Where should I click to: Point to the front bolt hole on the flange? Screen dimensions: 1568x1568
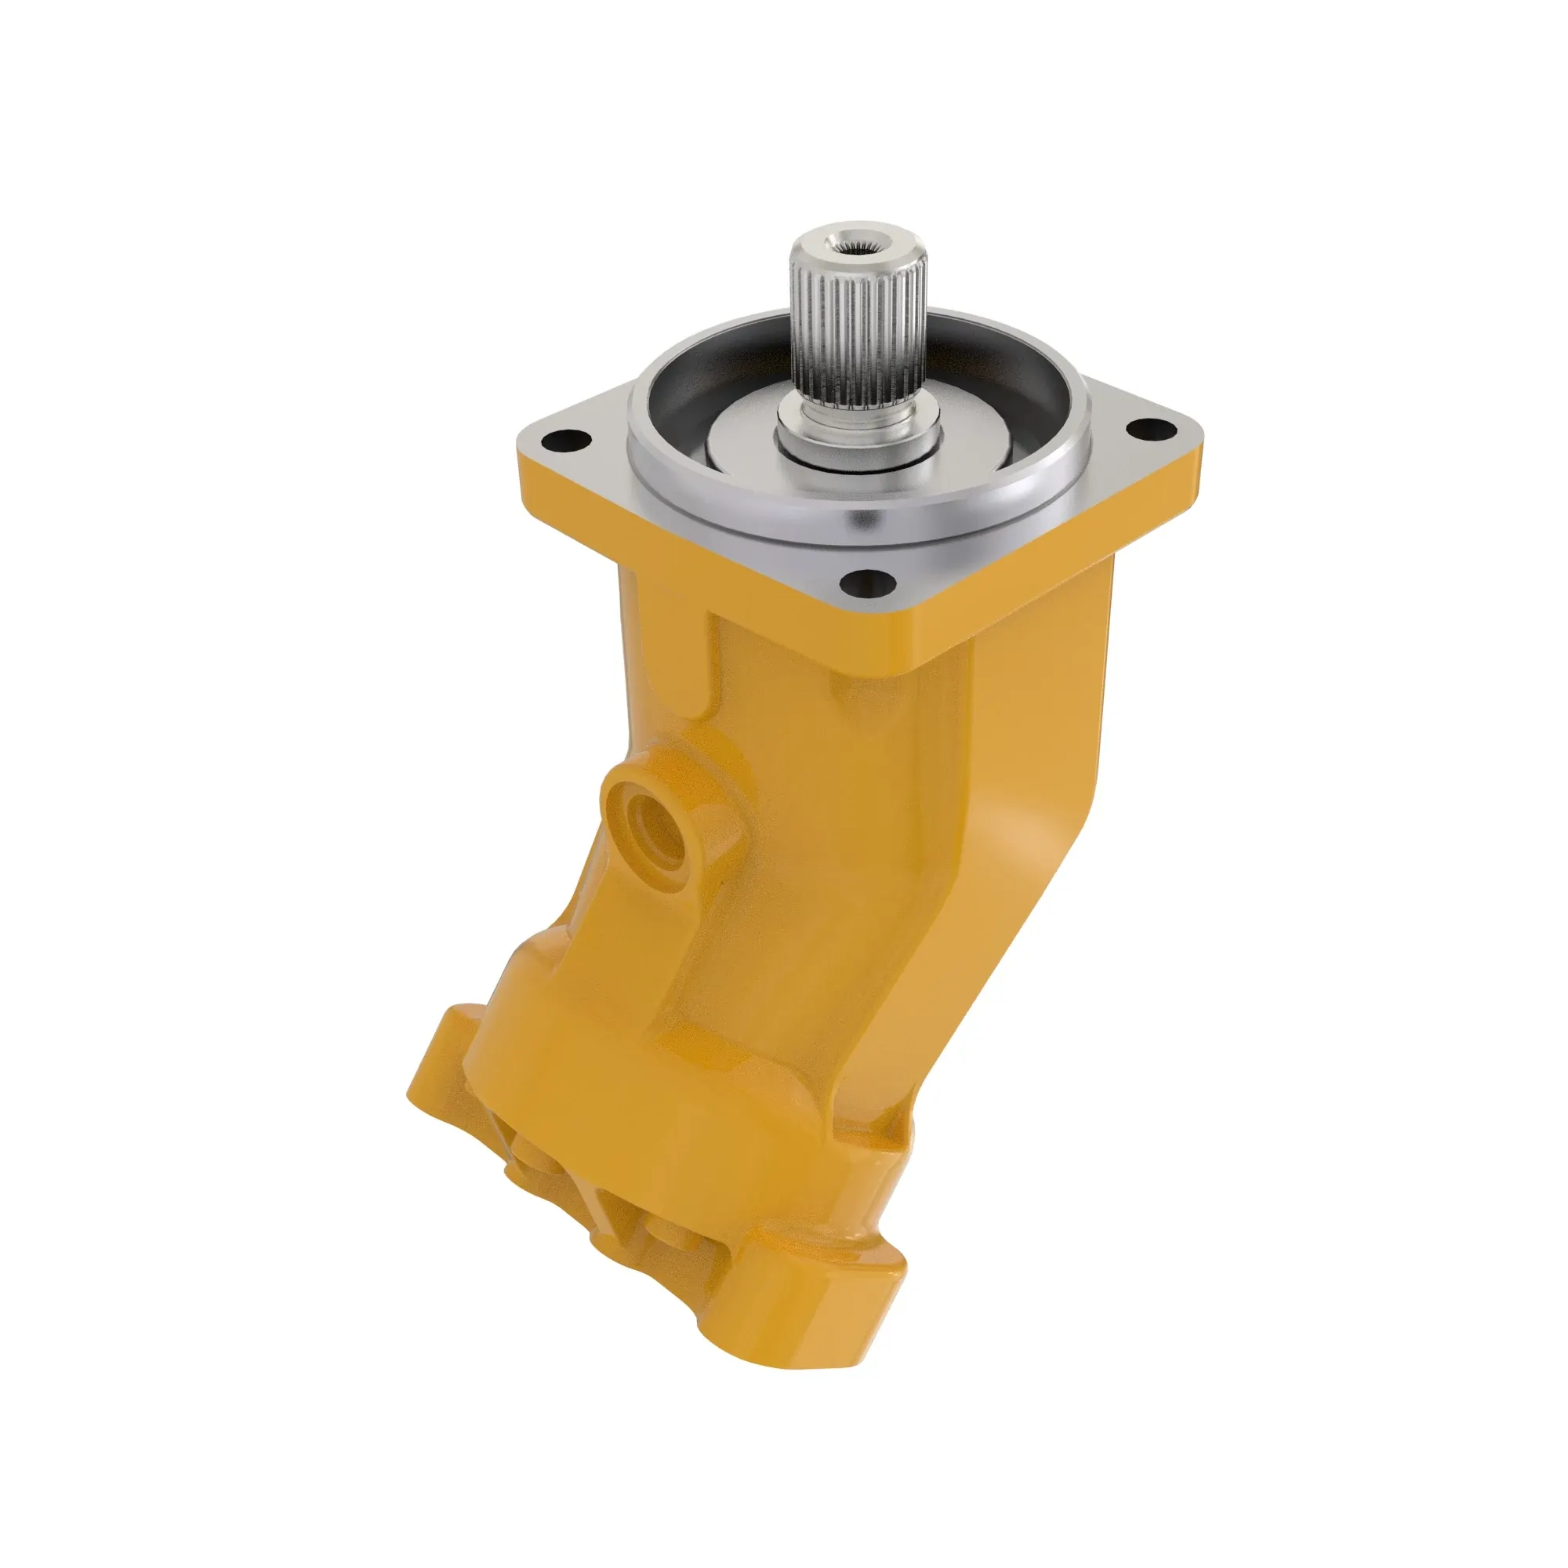[x=868, y=579]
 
